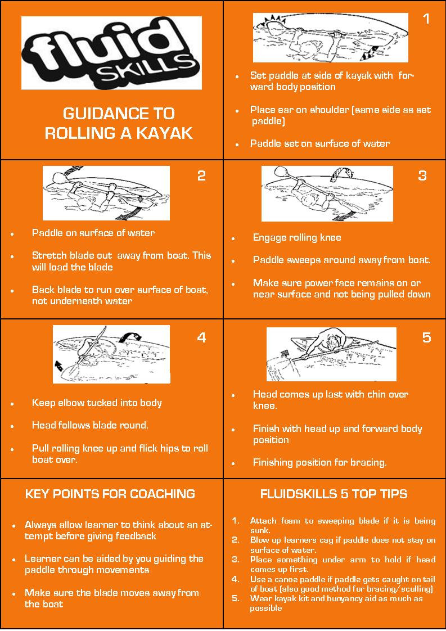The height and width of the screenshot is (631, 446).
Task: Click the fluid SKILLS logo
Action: (111, 53)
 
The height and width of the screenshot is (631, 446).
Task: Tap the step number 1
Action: (426, 19)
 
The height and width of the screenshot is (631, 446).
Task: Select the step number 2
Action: (201, 175)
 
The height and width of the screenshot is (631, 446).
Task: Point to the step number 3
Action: (422, 175)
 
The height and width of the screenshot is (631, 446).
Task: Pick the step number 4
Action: (201, 337)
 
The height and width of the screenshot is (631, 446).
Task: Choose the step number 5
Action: (426, 337)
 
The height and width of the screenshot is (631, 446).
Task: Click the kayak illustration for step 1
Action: (330, 38)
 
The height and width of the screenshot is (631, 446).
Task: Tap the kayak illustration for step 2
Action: (106, 193)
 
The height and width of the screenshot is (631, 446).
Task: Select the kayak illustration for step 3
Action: (327, 193)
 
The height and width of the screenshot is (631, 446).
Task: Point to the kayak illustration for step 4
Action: (111, 354)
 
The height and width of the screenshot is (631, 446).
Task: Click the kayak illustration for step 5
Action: (331, 354)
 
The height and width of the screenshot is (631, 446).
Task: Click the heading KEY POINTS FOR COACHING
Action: (110, 494)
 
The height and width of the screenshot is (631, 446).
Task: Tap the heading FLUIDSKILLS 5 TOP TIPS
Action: (334, 494)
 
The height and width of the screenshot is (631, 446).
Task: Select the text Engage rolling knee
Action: (297, 237)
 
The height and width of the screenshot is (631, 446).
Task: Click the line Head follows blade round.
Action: (90, 425)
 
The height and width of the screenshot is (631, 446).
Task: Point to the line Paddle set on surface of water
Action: (320, 143)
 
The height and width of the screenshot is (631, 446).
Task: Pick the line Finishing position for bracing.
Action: (319, 463)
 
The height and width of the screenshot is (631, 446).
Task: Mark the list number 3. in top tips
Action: (236, 560)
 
